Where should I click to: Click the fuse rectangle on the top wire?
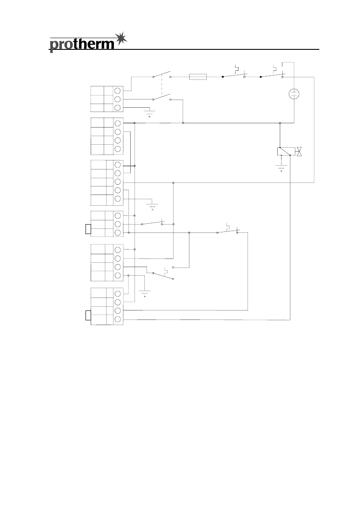[198, 77]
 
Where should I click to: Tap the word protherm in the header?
[82, 44]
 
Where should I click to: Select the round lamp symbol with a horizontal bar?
[294, 94]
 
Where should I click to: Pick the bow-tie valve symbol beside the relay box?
[300, 151]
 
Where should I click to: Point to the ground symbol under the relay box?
[281, 167]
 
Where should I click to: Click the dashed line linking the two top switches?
[162, 87]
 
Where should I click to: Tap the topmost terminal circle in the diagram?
[118, 91]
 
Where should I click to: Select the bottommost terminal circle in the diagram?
[118, 318]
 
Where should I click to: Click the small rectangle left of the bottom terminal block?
[88, 316]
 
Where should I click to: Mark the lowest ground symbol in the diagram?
[145, 293]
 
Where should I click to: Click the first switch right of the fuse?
[234, 75]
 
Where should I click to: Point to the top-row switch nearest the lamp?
[272, 75]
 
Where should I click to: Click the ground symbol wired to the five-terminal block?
[152, 206]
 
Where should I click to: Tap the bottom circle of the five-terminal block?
[118, 198]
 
